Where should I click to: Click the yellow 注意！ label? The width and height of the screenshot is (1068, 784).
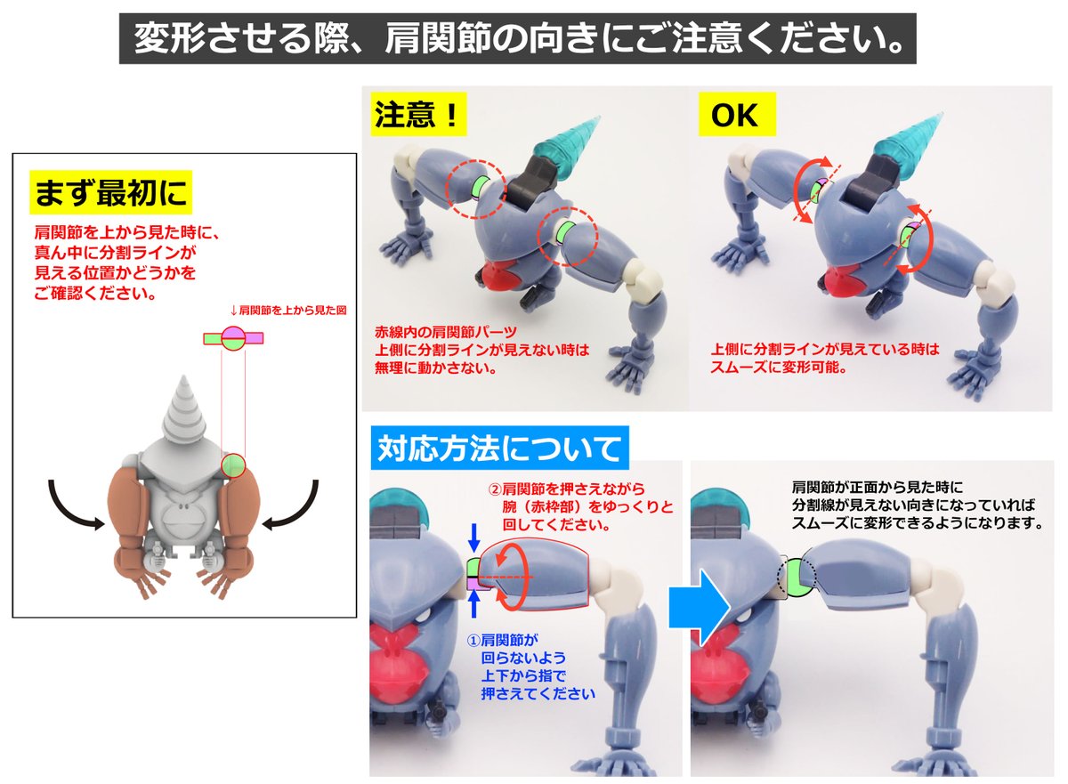[x=418, y=115]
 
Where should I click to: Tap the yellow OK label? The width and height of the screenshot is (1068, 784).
[x=737, y=115]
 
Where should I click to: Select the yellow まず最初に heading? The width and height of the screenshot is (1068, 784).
[x=110, y=192]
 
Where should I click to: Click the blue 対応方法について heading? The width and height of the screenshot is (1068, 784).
[x=499, y=448]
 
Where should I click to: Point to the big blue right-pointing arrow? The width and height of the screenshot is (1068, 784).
[x=700, y=609]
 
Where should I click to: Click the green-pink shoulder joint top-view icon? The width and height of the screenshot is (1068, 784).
[x=233, y=338]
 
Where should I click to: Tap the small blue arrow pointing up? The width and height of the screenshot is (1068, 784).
[x=473, y=604]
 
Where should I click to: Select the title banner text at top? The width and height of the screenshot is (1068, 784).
[x=517, y=38]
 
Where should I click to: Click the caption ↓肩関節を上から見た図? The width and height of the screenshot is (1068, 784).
[x=288, y=311]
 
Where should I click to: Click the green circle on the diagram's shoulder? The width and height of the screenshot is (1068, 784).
[x=232, y=465]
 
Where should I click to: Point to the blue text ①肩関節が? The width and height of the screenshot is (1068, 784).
[x=503, y=640]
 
